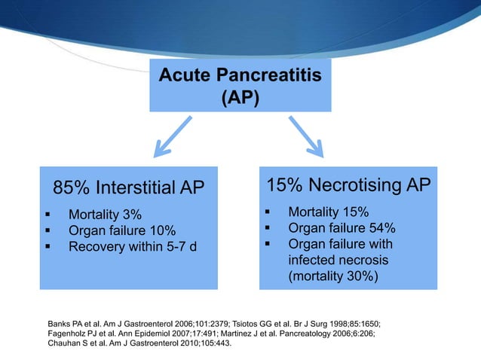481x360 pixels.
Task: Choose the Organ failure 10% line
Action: click(121, 230)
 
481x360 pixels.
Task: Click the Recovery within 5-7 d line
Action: click(133, 246)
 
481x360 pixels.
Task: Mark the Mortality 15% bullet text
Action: click(328, 213)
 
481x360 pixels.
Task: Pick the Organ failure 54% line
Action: click(342, 229)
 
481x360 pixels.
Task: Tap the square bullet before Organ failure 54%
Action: click(267, 229)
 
